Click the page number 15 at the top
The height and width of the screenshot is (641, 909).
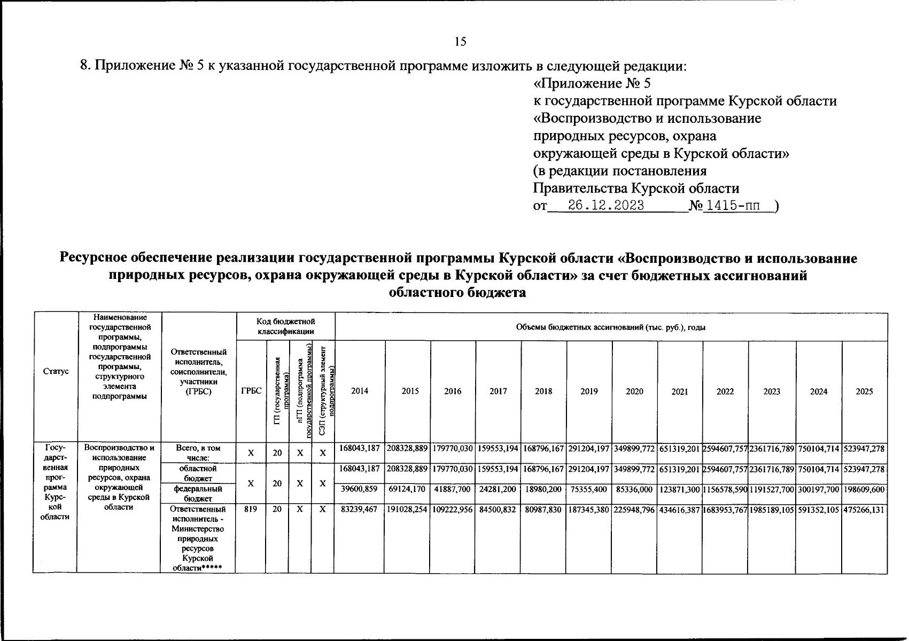(x=460, y=42)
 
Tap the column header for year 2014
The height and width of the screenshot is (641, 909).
(x=359, y=392)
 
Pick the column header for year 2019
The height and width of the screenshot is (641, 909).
(x=589, y=392)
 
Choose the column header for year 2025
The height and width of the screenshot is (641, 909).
(x=864, y=392)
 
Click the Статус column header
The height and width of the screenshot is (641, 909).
(x=56, y=371)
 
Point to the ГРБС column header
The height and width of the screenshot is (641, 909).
(x=251, y=392)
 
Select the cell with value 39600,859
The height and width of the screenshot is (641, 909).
(x=359, y=489)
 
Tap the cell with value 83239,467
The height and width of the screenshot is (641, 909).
(x=359, y=510)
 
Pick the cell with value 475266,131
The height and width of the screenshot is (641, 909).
(x=864, y=510)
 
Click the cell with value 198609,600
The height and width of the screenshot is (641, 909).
(x=864, y=489)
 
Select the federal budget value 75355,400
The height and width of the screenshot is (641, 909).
(x=589, y=489)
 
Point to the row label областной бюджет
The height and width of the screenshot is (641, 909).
(x=198, y=473)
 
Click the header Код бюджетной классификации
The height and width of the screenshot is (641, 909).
(x=285, y=326)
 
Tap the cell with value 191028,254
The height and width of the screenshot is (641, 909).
(x=407, y=510)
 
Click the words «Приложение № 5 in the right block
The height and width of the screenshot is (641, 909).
(x=592, y=84)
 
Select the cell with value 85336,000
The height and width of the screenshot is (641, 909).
(x=634, y=489)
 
